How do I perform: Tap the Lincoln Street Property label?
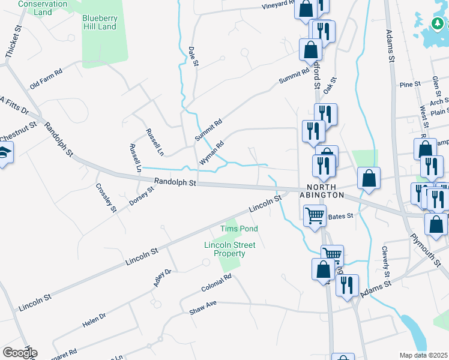pos(229,249)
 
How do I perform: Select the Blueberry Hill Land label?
pos(99,22)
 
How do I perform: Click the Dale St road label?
pos(193,56)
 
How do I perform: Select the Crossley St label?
pos(106,197)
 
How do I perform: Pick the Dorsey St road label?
pos(142,196)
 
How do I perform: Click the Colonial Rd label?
pos(216,283)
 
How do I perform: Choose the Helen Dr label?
pos(94,320)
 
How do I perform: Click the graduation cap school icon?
pos(5,154)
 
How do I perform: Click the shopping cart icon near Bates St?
pos(315,215)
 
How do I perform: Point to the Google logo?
pos(20,353)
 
